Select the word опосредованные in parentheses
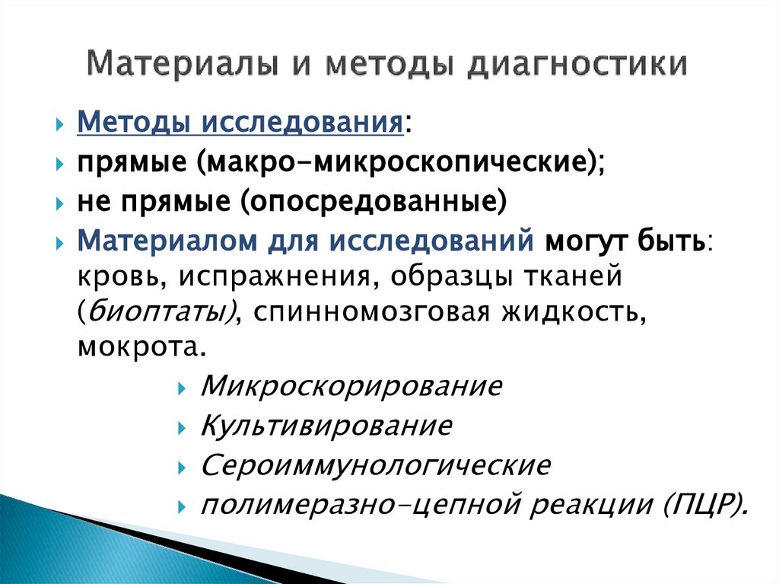coord(374,202)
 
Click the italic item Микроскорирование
coord(351,386)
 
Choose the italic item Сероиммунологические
coord(376,465)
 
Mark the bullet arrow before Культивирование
coord(182,427)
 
